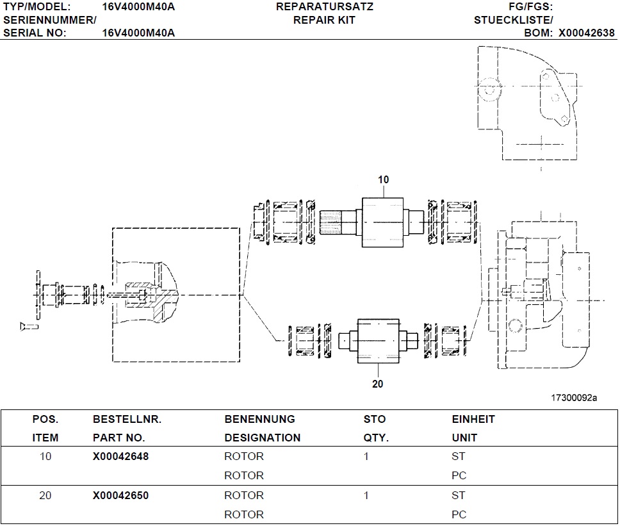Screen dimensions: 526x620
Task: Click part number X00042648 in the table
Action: (x=120, y=457)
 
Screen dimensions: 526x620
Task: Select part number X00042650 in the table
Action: (x=120, y=495)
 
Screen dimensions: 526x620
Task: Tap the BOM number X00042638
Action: (x=586, y=33)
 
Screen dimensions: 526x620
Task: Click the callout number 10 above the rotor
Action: (x=383, y=180)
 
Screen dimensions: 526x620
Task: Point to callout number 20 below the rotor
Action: (x=377, y=384)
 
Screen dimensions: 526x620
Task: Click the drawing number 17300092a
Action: (x=574, y=398)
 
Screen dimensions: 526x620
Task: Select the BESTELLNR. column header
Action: (x=127, y=419)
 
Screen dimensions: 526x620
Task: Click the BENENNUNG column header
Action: (x=259, y=419)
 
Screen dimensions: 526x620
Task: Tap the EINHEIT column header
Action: (x=473, y=419)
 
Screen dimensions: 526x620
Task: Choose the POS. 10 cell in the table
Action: (x=45, y=457)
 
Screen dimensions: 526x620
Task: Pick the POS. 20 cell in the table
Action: (x=45, y=495)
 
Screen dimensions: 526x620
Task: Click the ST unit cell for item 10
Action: (x=458, y=457)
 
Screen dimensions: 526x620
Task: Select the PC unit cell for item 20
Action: (x=459, y=514)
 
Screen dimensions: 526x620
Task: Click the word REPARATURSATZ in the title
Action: (x=324, y=7)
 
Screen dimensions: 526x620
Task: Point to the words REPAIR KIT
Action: (x=324, y=20)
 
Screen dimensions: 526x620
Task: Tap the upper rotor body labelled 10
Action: (x=383, y=221)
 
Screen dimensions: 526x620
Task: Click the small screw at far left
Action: (x=29, y=327)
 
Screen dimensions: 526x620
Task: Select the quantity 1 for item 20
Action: (x=366, y=495)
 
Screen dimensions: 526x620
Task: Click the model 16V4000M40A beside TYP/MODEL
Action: (x=138, y=7)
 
